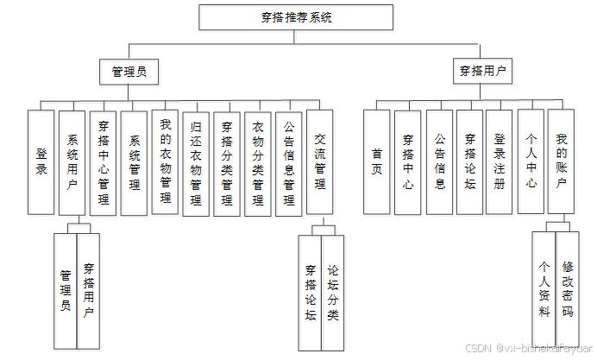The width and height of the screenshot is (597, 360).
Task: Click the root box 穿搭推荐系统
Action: click(297, 16)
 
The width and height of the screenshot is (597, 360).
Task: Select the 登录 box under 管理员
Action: click(41, 161)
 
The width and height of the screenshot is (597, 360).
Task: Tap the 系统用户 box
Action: click(72, 161)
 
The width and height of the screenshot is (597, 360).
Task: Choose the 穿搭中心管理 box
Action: click(104, 161)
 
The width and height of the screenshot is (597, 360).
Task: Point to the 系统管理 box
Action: click(135, 161)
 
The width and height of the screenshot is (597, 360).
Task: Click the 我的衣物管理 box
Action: click(166, 161)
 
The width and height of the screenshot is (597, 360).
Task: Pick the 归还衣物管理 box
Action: click(197, 161)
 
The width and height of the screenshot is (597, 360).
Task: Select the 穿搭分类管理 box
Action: click(227, 161)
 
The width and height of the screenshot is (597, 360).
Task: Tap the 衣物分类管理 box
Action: click(258, 161)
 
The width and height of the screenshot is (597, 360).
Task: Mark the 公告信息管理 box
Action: click(289, 161)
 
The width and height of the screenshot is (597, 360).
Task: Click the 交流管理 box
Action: click(320, 161)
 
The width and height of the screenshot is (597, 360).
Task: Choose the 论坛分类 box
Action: click(333, 292)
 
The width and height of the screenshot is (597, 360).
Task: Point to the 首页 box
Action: click(377, 161)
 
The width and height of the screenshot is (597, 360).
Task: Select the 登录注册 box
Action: click(500, 161)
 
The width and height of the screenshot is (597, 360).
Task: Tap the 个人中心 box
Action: click(531, 161)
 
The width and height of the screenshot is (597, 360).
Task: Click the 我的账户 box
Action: click(561, 161)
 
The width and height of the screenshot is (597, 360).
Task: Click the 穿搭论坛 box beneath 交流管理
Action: click(310, 292)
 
